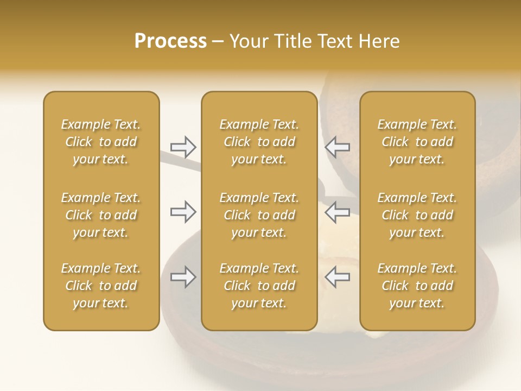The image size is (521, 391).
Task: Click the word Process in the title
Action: click(x=170, y=41)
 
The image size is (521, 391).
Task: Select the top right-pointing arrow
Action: click(x=183, y=147)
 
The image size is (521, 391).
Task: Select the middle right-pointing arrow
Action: click(x=183, y=212)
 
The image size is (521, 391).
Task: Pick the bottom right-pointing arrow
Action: click(x=183, y=277)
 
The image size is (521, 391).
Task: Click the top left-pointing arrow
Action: click(x=338, y=147)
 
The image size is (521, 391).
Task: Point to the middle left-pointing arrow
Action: click(x=338, y=212)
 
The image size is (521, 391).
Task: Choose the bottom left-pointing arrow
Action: click(x=338, y=277)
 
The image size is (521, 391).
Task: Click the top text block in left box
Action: click(x=101, y=142)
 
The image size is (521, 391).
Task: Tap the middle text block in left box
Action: click(x=101, y=215)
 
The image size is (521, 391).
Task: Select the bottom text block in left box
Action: click(x=101, y=286)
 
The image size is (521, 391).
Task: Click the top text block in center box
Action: click(x=259, y=142)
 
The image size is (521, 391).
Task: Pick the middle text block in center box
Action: click(x=259, y=215)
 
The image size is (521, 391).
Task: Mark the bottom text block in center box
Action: click(x=259, y=286)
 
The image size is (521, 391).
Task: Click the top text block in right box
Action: click(x=417, y=142)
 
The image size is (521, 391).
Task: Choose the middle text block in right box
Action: click(x=417, y=215)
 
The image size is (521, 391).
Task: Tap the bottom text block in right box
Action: click(x=417, y=286)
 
